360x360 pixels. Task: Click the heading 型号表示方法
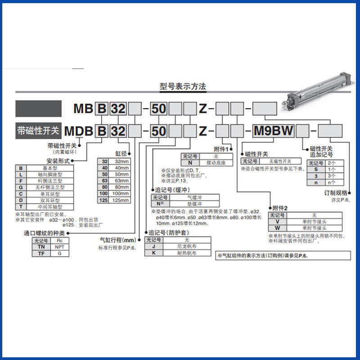[183, 86]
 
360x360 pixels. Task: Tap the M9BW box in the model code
[274, 131]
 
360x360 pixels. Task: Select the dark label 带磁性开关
[38, 131]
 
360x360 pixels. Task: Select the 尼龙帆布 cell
[186, 247]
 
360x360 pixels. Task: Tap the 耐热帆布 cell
[186, 253]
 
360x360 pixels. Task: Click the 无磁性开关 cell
[280, 161]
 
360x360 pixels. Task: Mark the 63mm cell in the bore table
[120, 180]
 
